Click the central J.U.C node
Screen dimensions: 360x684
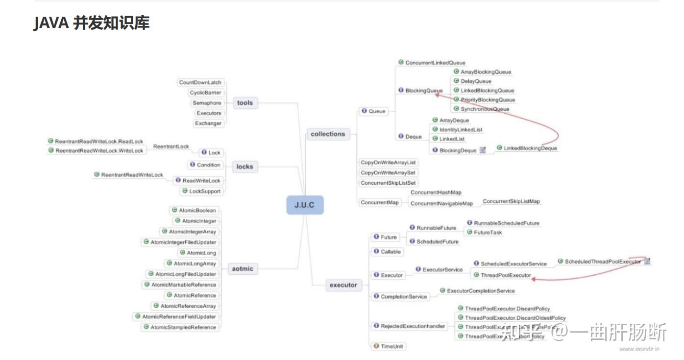(305, 205)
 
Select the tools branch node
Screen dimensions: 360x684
(244, 103)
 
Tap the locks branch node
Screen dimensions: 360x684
(244, 167)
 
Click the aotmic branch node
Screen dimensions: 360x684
(243, 269)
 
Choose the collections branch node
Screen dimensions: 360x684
(328, 134)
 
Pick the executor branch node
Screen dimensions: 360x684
(343, 285)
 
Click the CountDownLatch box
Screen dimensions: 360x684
(200, 82)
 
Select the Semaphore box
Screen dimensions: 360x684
(207, 103)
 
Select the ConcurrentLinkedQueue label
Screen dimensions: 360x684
(432, 63)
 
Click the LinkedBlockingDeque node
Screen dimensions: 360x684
(527, 148)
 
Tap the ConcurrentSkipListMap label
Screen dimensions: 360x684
(511, 201)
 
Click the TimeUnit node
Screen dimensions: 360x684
(389, 346)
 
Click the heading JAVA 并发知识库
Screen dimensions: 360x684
(92, 23)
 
